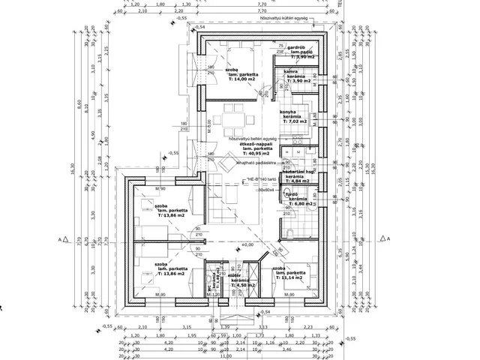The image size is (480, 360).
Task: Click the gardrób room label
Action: (295, 47)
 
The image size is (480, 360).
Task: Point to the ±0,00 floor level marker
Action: (245, 244)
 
